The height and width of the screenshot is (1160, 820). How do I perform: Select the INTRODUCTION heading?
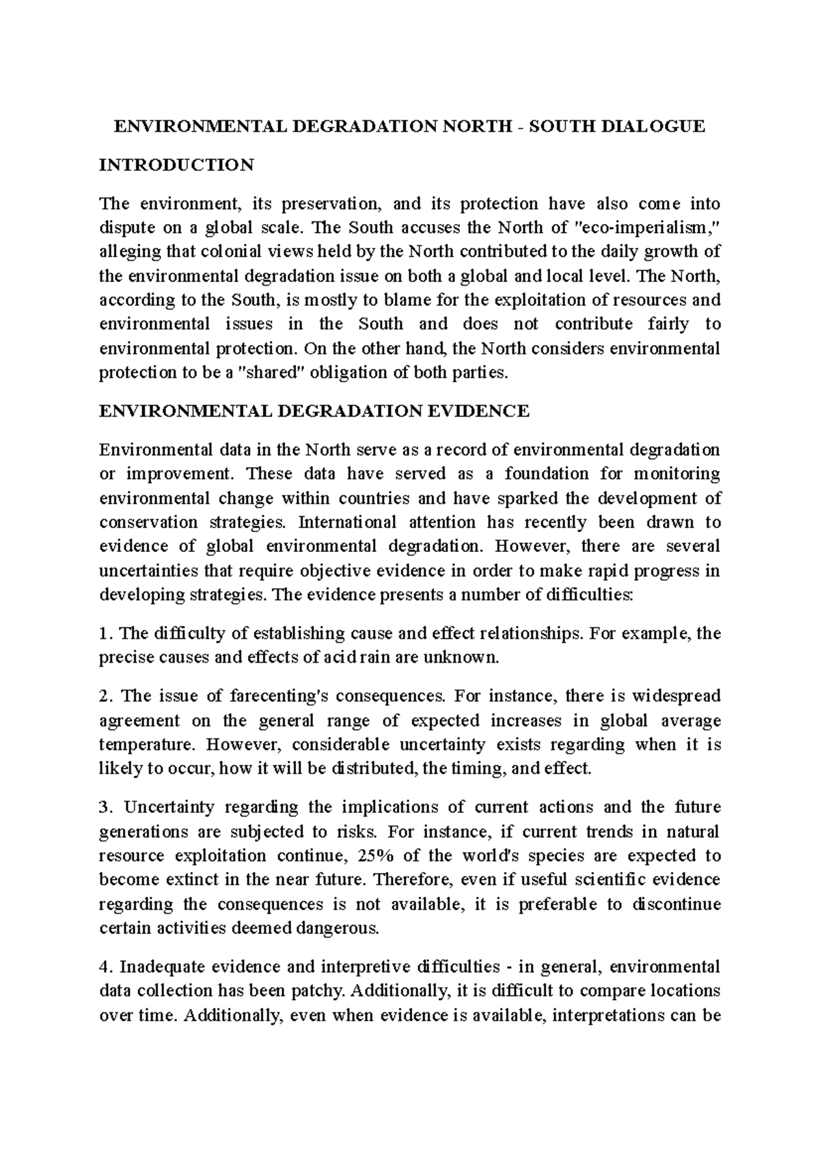[176, 165]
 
